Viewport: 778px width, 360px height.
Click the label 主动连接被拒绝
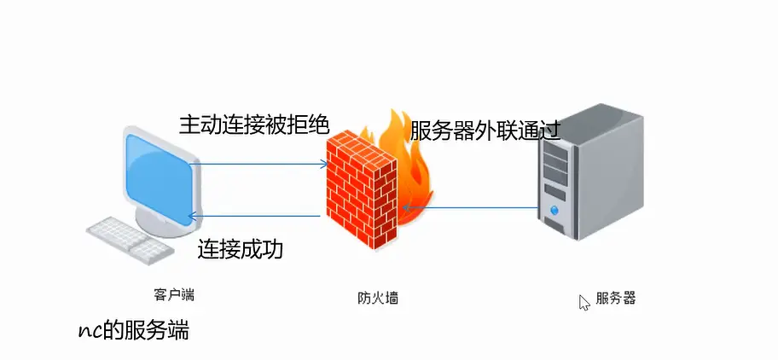pyautogui.click(x=253, y=125)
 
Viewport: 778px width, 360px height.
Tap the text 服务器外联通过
pyautogui.click(x=485, y=131)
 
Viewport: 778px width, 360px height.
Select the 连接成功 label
pyautogui.click(x=240, y=250)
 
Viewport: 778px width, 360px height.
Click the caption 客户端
pyautogui.click(x=174, y=295)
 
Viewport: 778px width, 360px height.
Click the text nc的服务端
pyautogui.click(x=132, y=331)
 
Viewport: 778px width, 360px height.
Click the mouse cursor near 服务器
pyautogui.click(x=583, y=302)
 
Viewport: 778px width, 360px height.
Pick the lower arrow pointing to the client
pyautogui.click(x=256, y=216)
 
